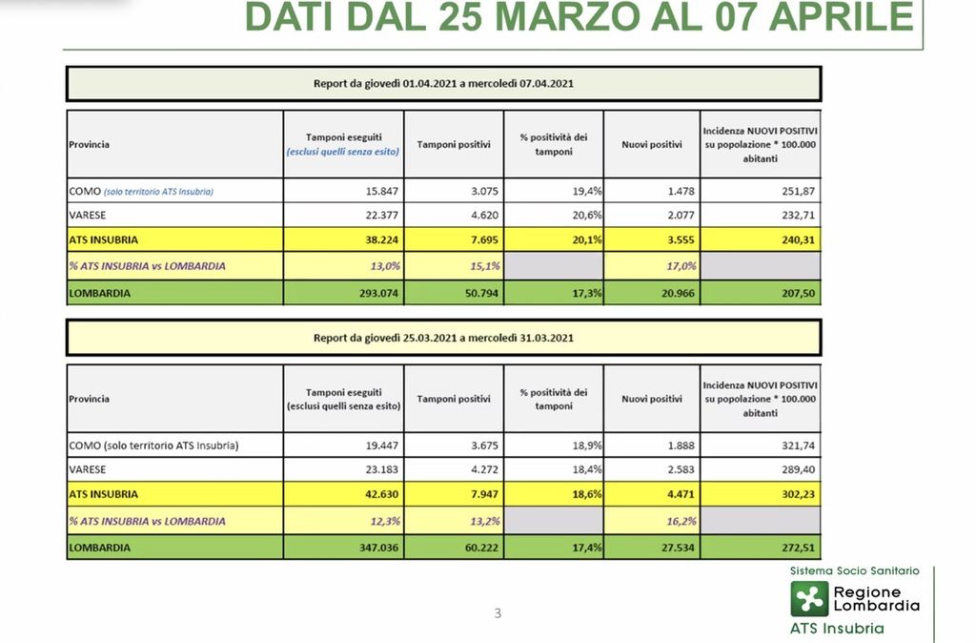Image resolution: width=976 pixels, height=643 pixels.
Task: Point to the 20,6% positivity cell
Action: click(x=582, y=216)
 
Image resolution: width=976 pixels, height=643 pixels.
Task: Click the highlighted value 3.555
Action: click(x=676, y=240)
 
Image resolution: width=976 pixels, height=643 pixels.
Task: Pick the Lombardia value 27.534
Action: click(x=674, y=549)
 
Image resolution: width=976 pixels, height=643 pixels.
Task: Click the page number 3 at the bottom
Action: click(x=498, y=613)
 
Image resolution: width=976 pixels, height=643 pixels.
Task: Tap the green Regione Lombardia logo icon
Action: click(x=809, y=599)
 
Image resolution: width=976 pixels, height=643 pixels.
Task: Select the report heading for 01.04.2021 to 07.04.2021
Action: click(x=443, y=84)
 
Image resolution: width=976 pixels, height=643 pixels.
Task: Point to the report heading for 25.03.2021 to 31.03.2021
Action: click(x=443, y=338)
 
